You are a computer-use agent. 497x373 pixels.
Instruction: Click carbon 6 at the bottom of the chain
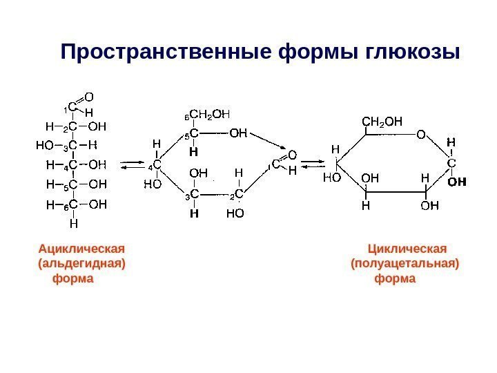(72, 204)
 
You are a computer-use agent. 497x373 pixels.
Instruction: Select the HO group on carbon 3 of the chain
(43, 146)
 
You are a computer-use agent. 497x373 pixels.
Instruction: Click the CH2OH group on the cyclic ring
(382, 122)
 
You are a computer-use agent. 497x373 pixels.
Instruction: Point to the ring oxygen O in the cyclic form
(420, 135)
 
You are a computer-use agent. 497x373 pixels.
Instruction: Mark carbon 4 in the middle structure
(157, 165)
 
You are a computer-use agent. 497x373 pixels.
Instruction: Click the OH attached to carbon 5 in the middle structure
(239, 133)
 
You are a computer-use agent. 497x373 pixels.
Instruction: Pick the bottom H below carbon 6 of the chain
(73, 223)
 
